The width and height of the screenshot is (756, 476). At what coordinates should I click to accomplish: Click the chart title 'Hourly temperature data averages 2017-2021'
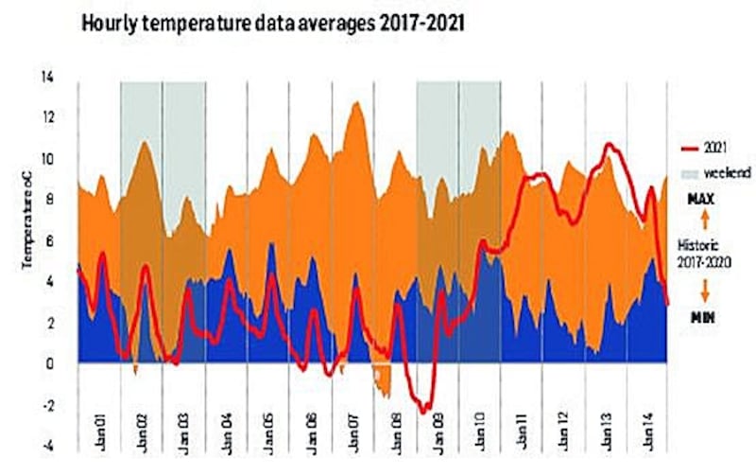272,20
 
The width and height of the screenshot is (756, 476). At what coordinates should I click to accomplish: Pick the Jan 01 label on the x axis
100,415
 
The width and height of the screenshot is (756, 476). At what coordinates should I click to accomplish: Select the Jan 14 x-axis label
649,415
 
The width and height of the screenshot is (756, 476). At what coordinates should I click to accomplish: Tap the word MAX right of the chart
703,201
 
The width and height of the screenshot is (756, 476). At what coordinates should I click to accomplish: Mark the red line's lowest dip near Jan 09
426,410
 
